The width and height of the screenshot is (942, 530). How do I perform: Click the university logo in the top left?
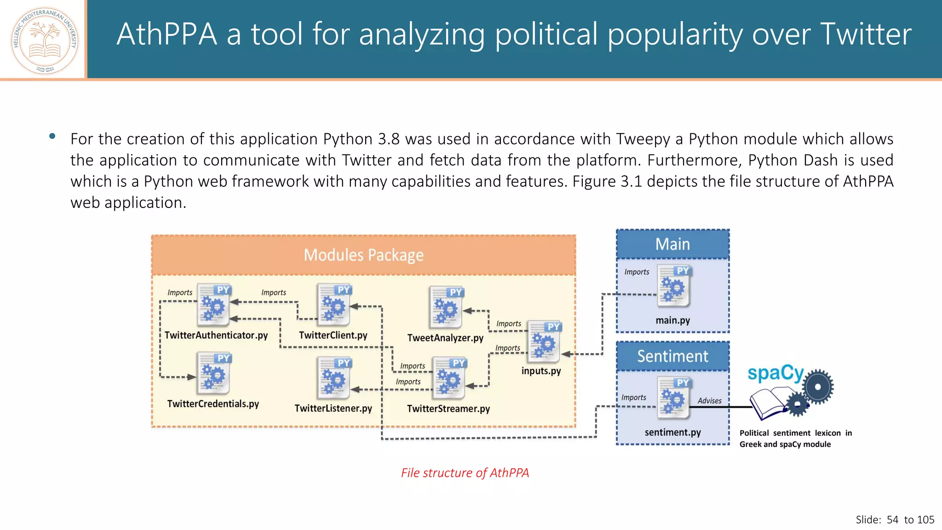tap(45, 40)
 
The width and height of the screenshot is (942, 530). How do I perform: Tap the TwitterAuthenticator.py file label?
tap(216, 335)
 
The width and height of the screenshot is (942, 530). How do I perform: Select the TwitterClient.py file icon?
tap(333, 305)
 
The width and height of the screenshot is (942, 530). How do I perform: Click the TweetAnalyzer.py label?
tap(445, 338)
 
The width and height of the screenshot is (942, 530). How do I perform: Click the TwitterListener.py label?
tap(333, 409)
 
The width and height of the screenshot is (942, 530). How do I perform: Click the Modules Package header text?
tap(363, 255)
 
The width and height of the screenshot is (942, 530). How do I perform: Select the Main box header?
tap(672, 244)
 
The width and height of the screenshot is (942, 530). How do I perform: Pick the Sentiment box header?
tap(672, 357)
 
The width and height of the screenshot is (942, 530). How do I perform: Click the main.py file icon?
tap(674, 286)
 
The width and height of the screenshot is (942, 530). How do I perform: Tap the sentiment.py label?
tap(672, 432)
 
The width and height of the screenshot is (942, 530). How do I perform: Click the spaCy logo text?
tap(775, 373)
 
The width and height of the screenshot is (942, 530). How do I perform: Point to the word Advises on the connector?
tap(709, 401)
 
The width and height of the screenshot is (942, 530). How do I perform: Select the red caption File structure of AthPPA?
tap(465, 473)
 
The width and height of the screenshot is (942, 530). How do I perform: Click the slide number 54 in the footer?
tap(892, 520)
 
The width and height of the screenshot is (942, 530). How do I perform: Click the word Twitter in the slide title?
tap(865, 35)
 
